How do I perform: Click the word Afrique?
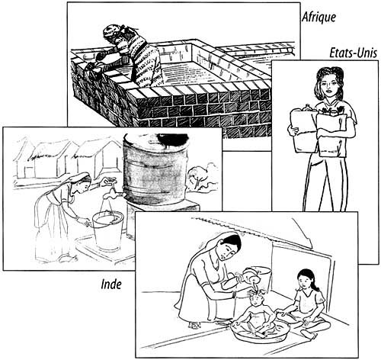(x=319, y=18)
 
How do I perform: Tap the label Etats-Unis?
(x=353, y=54)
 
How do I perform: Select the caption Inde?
(x=111, y=284)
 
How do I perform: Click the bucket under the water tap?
(x=108, y=230)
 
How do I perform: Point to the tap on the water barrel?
(x=113, y=194)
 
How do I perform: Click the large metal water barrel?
(x=155, y=169)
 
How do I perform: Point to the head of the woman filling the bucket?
(x=81, y=181)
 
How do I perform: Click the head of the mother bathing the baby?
(x=229, y=246)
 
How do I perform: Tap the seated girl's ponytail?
(x=315, y=284)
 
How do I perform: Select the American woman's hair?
(x=330, y=75)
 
